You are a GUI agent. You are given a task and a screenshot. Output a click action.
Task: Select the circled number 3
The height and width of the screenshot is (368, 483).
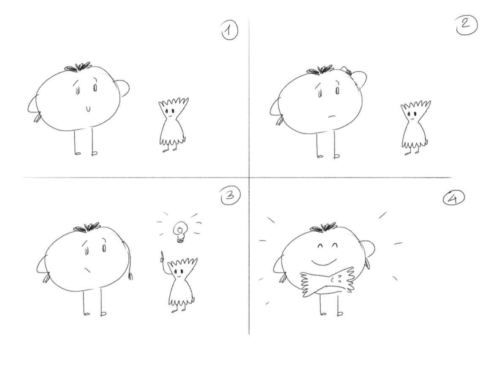(230, 196)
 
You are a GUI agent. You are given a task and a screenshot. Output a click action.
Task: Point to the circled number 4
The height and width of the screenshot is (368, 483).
(453, 199)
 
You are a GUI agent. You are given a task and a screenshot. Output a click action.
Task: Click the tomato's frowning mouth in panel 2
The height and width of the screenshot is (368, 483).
(331, 117)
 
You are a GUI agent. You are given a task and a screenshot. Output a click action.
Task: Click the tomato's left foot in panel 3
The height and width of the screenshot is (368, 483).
(87, 314)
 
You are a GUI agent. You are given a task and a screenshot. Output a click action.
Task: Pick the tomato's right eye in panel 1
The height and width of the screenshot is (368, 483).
(95, 88)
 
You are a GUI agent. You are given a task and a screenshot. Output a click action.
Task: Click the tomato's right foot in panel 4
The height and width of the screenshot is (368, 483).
(340, 314)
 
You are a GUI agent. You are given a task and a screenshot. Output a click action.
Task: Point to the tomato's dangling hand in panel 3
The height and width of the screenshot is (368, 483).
(130, 276)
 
